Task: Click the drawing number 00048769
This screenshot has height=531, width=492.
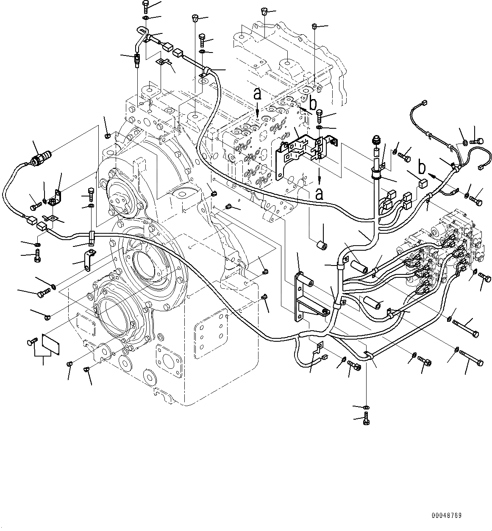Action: click(x=447, y=516)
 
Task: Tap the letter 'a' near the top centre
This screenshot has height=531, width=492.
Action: click(x=257, y=94)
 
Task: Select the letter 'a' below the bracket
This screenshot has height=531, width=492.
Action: click(x=320, y=194)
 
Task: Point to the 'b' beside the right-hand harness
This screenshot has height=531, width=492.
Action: click(x=422, y=167)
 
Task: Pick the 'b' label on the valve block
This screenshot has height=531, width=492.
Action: click(x=313, y=102)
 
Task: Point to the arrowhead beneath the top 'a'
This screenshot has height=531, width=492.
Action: click(x=258, y=113)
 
